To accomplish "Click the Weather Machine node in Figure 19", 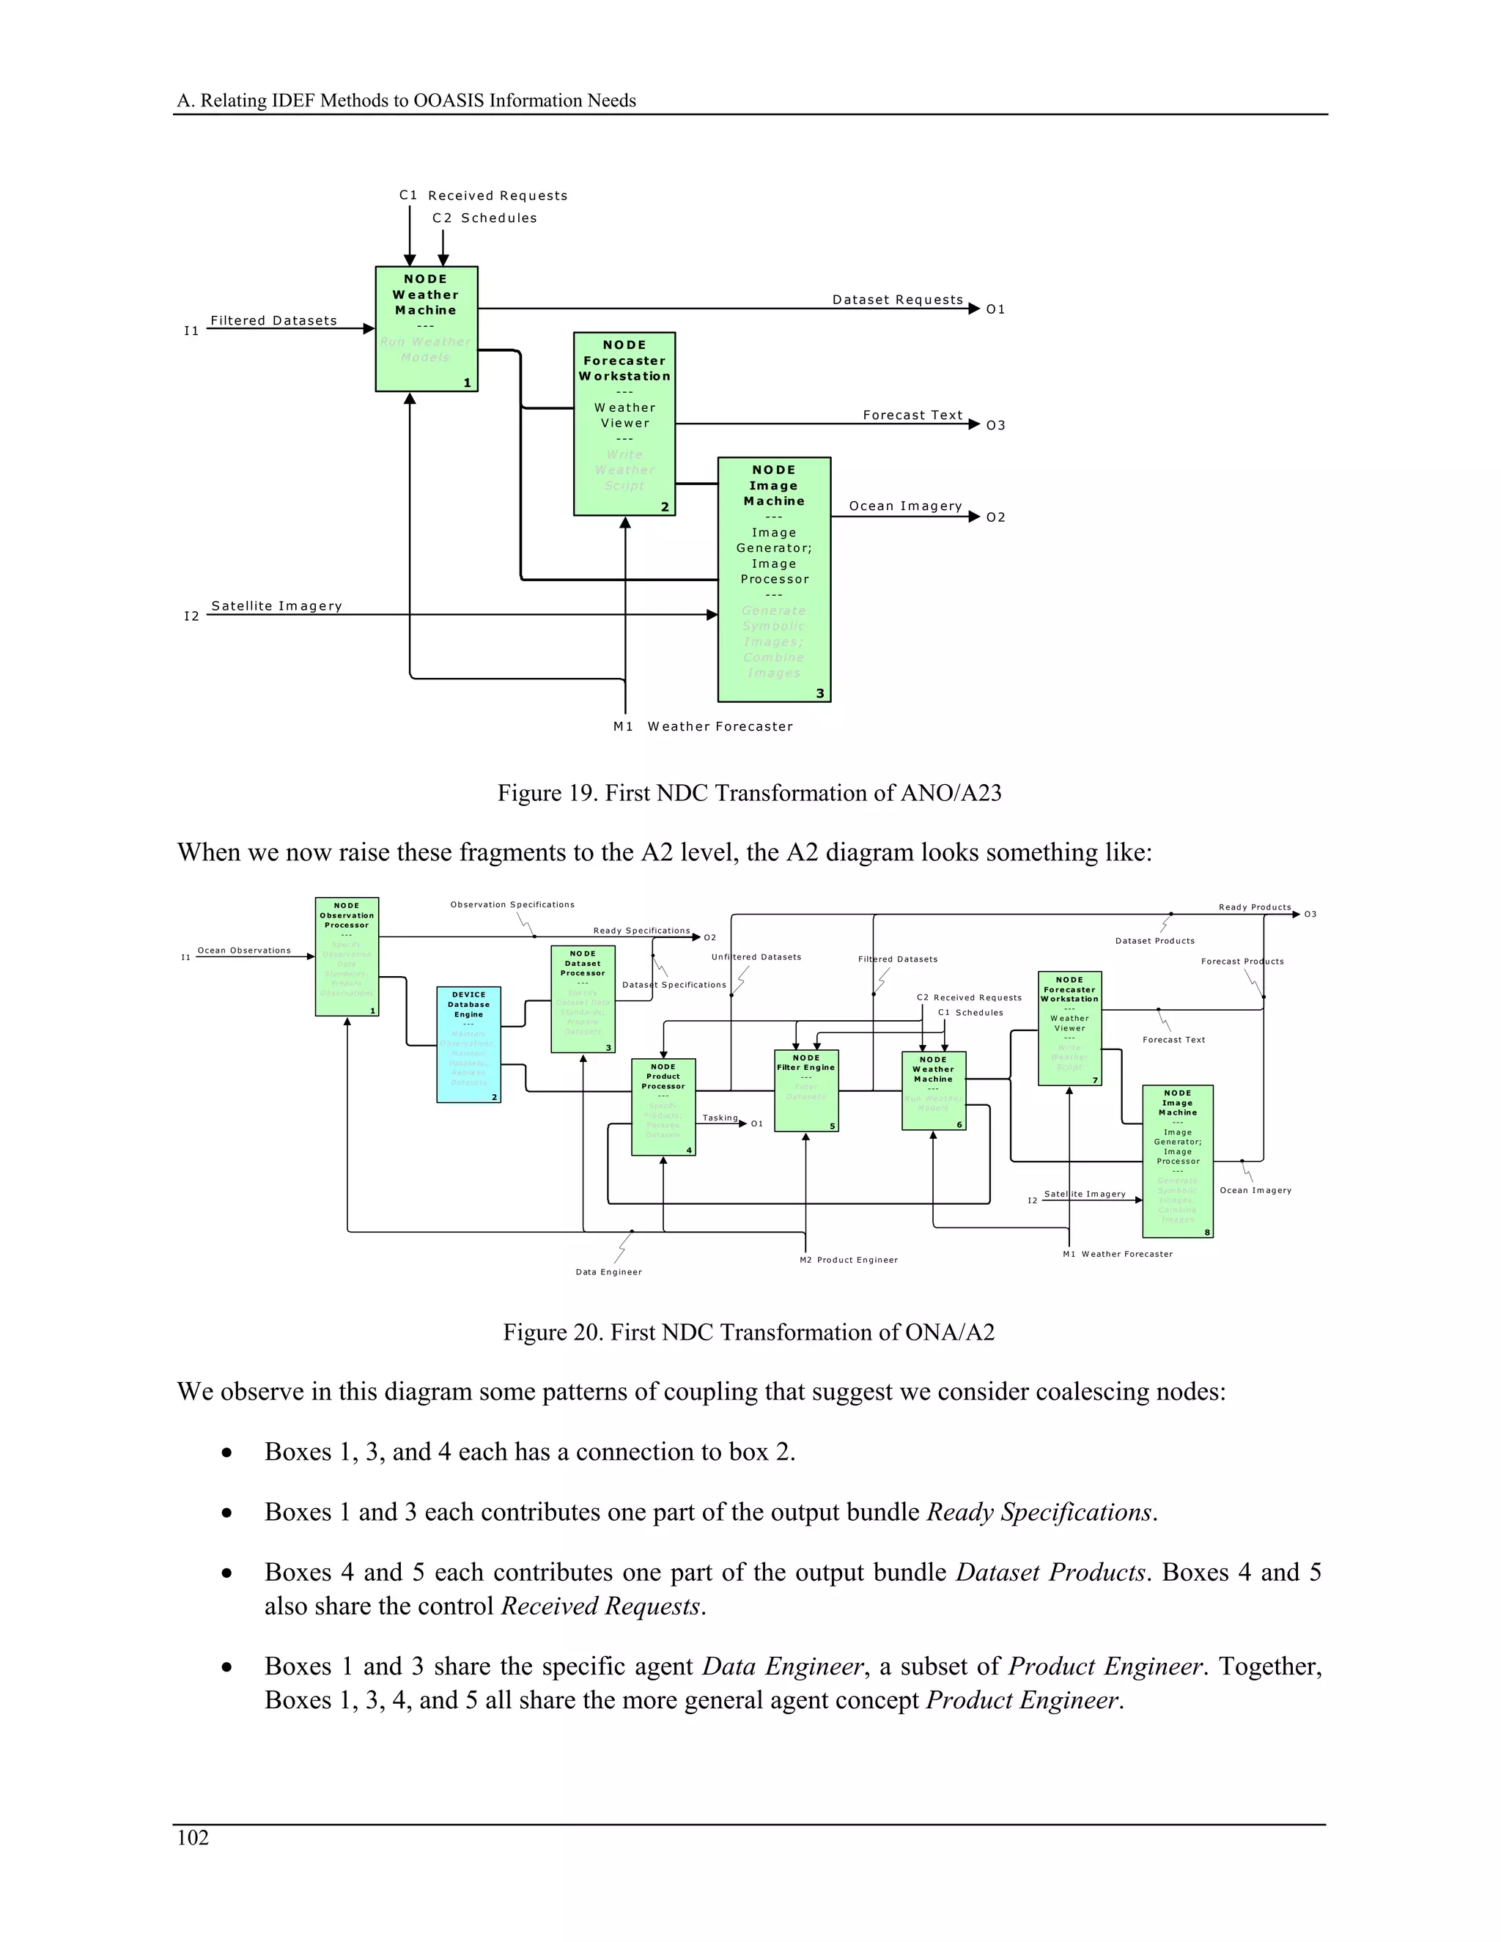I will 426,328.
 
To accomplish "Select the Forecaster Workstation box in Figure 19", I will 624,424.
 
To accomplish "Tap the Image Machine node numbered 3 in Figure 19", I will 774,579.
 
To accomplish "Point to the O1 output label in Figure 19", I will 995,309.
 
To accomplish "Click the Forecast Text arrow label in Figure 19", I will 912,416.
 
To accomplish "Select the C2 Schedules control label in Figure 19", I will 484,218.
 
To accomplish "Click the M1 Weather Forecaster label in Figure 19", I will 702,726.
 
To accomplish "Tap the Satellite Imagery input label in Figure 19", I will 276,605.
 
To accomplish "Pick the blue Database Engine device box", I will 468,1044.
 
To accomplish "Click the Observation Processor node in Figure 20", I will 347,956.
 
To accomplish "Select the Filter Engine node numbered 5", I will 805,1090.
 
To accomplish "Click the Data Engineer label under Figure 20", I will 608,1271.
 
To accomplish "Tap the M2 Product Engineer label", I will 848,1259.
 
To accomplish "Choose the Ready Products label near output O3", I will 1254,907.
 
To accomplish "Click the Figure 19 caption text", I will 749,793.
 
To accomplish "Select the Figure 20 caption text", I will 749,1332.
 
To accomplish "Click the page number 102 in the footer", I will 193,1838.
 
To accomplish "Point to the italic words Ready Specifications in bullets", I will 1039,1513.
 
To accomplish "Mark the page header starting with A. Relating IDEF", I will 406,100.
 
